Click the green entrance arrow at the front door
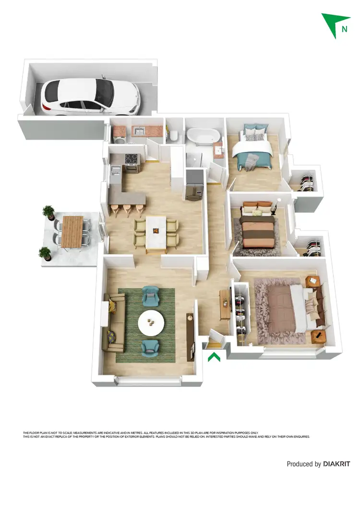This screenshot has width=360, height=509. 214,357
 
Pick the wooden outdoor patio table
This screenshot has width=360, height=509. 72,231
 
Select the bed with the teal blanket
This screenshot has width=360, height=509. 253,149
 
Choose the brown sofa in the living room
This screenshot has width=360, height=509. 113,323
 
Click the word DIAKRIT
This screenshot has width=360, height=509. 336,464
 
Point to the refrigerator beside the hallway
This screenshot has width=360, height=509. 194,184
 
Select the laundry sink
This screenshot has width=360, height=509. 139,131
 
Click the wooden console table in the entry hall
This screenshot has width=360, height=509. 224,305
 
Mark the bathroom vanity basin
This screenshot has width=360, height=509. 219,149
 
